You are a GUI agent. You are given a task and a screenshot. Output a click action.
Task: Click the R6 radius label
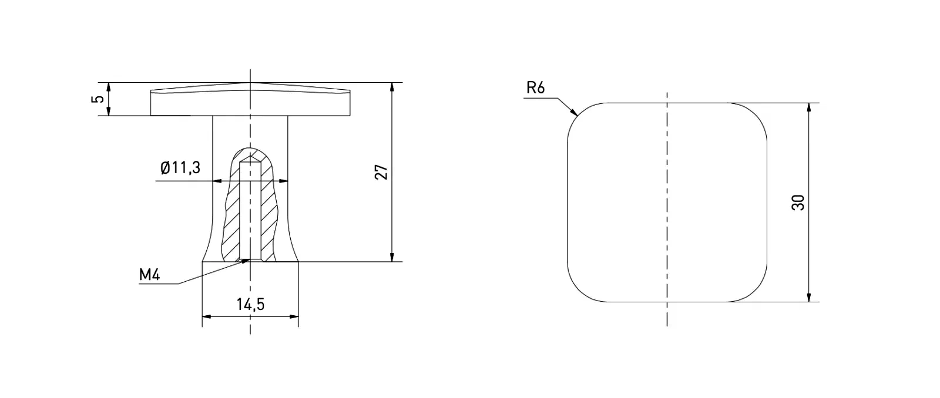(536, 88)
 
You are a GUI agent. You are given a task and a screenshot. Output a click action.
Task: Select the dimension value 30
(798, 203)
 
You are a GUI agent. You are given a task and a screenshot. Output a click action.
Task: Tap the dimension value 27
(382, 172)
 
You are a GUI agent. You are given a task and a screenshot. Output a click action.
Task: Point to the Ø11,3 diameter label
(180, 168)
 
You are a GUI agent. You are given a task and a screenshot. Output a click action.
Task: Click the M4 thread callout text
(149, 275)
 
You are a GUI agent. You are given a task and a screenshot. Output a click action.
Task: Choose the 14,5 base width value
(250, 304)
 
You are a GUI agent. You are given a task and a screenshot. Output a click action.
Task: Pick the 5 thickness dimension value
(99, 99)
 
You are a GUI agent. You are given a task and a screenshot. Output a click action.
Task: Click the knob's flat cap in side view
(250, 103)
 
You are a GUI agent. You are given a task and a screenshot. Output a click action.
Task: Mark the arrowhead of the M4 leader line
(246, 261)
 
